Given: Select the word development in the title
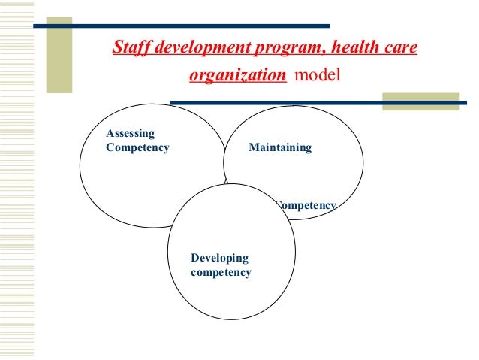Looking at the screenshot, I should pos(187,49).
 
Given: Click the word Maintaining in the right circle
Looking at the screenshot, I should pos(279,147).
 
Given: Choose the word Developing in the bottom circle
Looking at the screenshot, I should pos(219,258).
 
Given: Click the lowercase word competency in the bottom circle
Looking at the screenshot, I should pos(221,272).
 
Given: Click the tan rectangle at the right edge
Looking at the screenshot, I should pos(420,101).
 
